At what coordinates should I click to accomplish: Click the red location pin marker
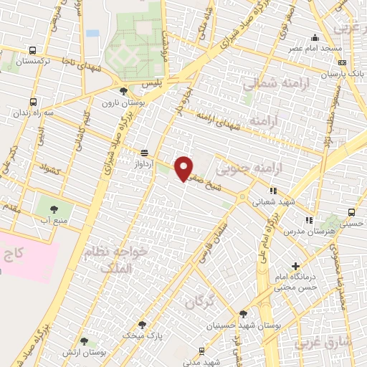[x=184, y=168]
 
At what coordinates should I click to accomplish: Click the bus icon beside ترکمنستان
[x=33, y=50]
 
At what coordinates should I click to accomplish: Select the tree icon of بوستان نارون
[x=124, y=91]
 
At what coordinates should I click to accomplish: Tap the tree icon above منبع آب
[x=54, y=209]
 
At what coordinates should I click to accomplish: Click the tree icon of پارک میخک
[x=141, y=324]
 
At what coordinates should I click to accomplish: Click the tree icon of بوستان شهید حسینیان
[x=242, y=314]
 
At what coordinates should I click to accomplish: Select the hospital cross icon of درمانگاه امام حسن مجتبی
[x=295, y=267]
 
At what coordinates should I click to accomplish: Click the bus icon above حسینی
[x=351, y=213]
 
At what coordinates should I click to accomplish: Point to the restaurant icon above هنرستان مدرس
[x=309, y=219]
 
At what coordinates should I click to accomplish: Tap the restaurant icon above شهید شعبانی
[x=272, y=191]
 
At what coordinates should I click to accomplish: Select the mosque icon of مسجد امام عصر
[x=313, y=38]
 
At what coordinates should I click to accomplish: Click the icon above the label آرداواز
[x=145, y=152]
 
